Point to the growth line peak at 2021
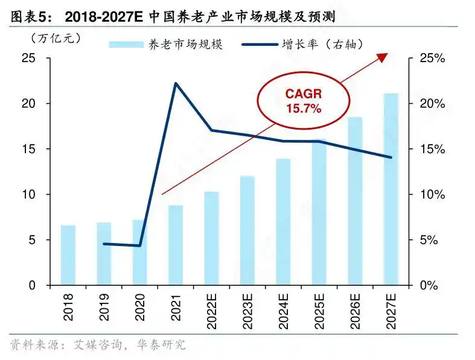coord(176,83)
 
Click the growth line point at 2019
coord(104,244)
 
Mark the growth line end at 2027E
coord(391,157)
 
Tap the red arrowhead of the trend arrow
coord(382,57)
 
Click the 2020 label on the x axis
coord(140,306)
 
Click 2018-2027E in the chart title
coord(103,14)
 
